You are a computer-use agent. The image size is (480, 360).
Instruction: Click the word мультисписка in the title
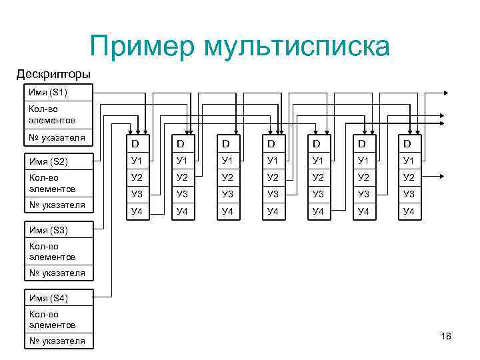pos(297,47)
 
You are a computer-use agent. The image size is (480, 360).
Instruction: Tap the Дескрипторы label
pos(53,73)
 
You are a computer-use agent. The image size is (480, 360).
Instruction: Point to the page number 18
pos(446,336)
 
